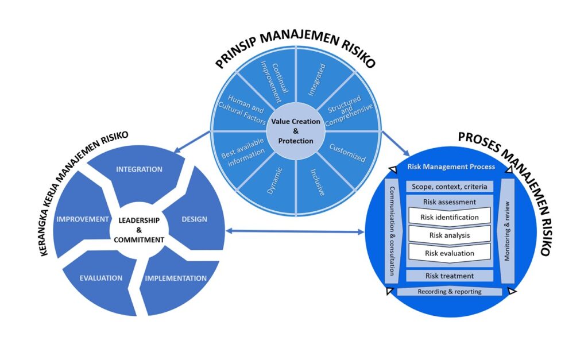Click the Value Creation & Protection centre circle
pyautogui.click(x=296, y=131)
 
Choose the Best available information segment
pyautogui.click(x=243, y=153)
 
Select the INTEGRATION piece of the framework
pyautogui.click(x=140, y=170)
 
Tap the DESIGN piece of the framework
pyautogui.click(x=194, y=219)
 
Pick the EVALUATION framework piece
pyautogui.click(x=101, y=278)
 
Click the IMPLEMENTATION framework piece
pyautogui.click(x=175, y=279)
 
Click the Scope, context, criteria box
pyautogui.click(x=449, y=187)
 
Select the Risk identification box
pyautogui.click(x=449, y=218)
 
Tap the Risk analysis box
pyautogui.click(x=449, y=235)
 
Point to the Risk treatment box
pyautogui.click(x=449, y=276)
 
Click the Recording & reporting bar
pyautogui.click(x=449, y=292)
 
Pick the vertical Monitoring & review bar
pyautogui.click(x=507, y=230)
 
